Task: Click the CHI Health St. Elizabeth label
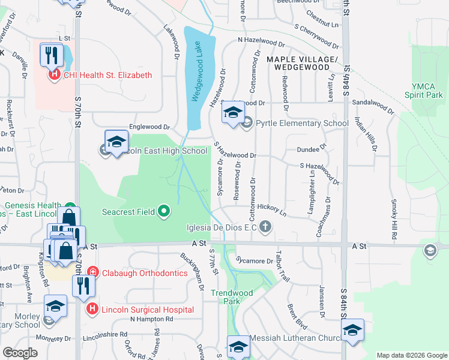106,75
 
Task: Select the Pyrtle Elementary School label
302,124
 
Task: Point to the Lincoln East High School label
163,151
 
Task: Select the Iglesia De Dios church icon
265,227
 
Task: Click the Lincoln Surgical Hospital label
147,310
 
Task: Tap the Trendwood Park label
225,298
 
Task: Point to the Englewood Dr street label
150,127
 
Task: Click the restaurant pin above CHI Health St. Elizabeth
52,55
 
